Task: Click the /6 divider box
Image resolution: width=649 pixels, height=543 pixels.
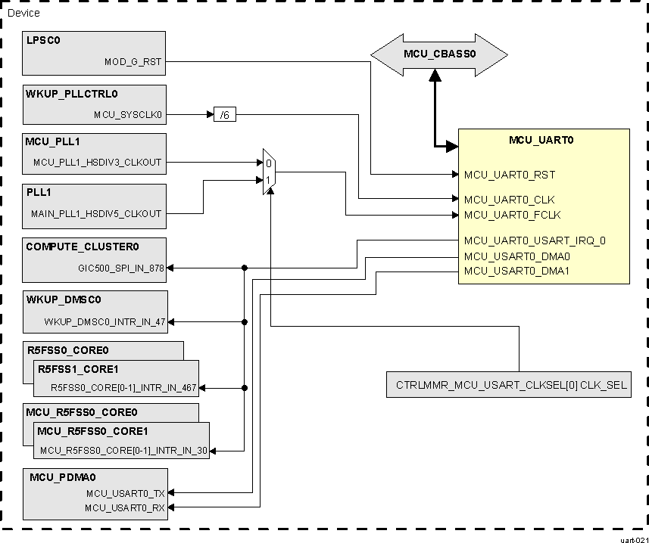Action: tap(224, 115)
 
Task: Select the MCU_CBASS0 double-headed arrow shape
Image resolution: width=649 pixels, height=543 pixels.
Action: tap(438, 54)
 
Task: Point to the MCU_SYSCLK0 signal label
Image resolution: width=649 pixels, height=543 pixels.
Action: tap(128, 115)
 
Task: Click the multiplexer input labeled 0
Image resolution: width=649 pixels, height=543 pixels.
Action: tap(267, 163)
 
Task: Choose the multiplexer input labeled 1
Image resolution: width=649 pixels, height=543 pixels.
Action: tap(267, 180)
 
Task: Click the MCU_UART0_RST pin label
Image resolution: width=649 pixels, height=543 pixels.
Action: tap(510, 175)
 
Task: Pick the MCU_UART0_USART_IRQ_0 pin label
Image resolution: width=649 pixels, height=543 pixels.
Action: tap(535, 240)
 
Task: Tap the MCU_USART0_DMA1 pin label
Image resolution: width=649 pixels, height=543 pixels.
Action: tap(516, 271)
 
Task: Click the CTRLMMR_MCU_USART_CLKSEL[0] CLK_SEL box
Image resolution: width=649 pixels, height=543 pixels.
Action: tap(510, 385)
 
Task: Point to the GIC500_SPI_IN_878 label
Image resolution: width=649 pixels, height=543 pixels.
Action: tap(121, 268)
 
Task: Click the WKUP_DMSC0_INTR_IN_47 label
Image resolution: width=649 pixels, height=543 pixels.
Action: tap(105, 321)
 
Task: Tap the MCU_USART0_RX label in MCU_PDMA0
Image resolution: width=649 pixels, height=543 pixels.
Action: tap(126, 507)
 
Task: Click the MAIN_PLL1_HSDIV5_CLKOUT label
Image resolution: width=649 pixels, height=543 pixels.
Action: tap(96, 213)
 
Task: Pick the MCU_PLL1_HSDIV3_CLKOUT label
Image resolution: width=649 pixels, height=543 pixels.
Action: tap(98, 163)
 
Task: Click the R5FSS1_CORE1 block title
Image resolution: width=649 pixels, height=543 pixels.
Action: tap(78, 370)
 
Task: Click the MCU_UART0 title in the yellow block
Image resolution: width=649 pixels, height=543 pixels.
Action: tap(542, 141)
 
